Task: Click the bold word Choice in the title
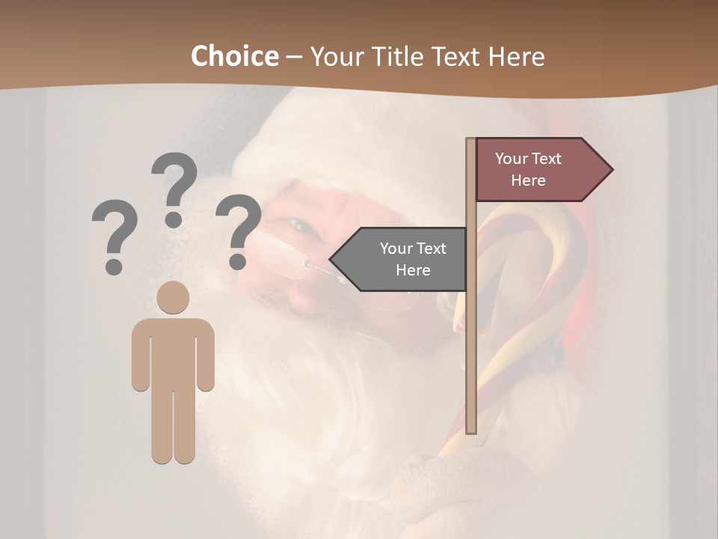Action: point(234,56)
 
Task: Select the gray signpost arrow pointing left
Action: point(400,259)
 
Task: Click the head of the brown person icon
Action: point(173,297)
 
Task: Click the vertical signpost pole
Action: point(470,337)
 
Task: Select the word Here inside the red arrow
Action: point(528,180)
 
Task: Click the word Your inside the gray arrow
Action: point(396,249)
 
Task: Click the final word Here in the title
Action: point(517,56)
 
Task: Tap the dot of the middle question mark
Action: point(174,219)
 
